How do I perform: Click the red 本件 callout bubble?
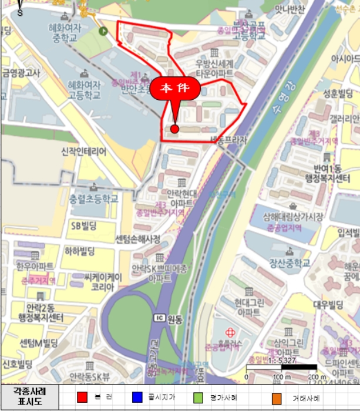(x=175, y=89)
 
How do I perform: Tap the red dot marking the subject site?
(x=174, y=129)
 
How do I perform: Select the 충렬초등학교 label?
(x=93, y=198)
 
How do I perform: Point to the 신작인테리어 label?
(x=83, y=151)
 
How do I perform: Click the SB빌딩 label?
(x=83, y=225)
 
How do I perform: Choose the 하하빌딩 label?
(x=81, y=251)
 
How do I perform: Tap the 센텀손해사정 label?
(x=137, y=239)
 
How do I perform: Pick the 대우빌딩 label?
(x=328, y=305)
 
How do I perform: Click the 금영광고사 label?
(x=21, y=73)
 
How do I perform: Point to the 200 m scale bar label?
(x=317, y=376)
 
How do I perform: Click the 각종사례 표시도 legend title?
(x=29, y=397)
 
